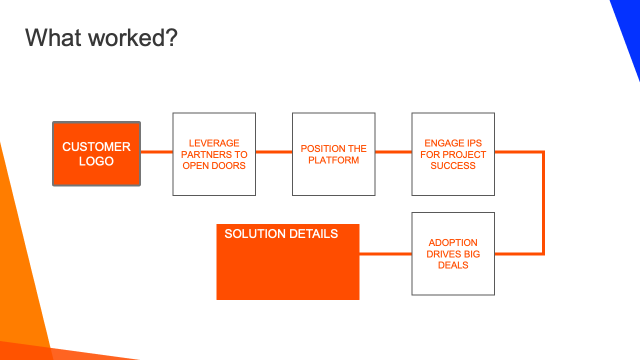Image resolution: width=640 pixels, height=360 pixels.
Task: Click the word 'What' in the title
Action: pos(53,37)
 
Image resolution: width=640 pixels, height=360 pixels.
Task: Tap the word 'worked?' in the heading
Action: pos(133,37)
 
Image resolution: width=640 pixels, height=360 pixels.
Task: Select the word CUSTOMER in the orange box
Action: pos(96,146)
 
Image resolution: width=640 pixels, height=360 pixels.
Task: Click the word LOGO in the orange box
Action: pos(96,161)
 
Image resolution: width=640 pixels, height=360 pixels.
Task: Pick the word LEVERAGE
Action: pos(214,143)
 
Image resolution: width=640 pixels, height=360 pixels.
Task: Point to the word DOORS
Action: pos(228,165)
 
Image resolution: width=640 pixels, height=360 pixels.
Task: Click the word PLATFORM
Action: pos(333,160)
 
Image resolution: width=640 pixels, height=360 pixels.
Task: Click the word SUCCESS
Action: pos(453,165)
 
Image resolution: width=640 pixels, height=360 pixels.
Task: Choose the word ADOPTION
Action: pos(453,242)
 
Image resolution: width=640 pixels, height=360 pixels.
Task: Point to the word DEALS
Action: pos(453,265)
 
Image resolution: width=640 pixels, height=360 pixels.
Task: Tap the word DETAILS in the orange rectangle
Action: pos(313,233)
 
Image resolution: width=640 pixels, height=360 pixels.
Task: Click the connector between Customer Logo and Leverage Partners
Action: pos(157,152)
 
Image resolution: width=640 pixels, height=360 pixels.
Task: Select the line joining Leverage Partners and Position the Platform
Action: pos(274,152)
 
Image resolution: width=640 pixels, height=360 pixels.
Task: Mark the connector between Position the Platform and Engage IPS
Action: pos(393,152)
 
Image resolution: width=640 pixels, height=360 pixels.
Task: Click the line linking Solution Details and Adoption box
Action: pos(385,253)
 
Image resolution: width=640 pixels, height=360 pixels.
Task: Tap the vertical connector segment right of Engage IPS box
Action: pos(543,203)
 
